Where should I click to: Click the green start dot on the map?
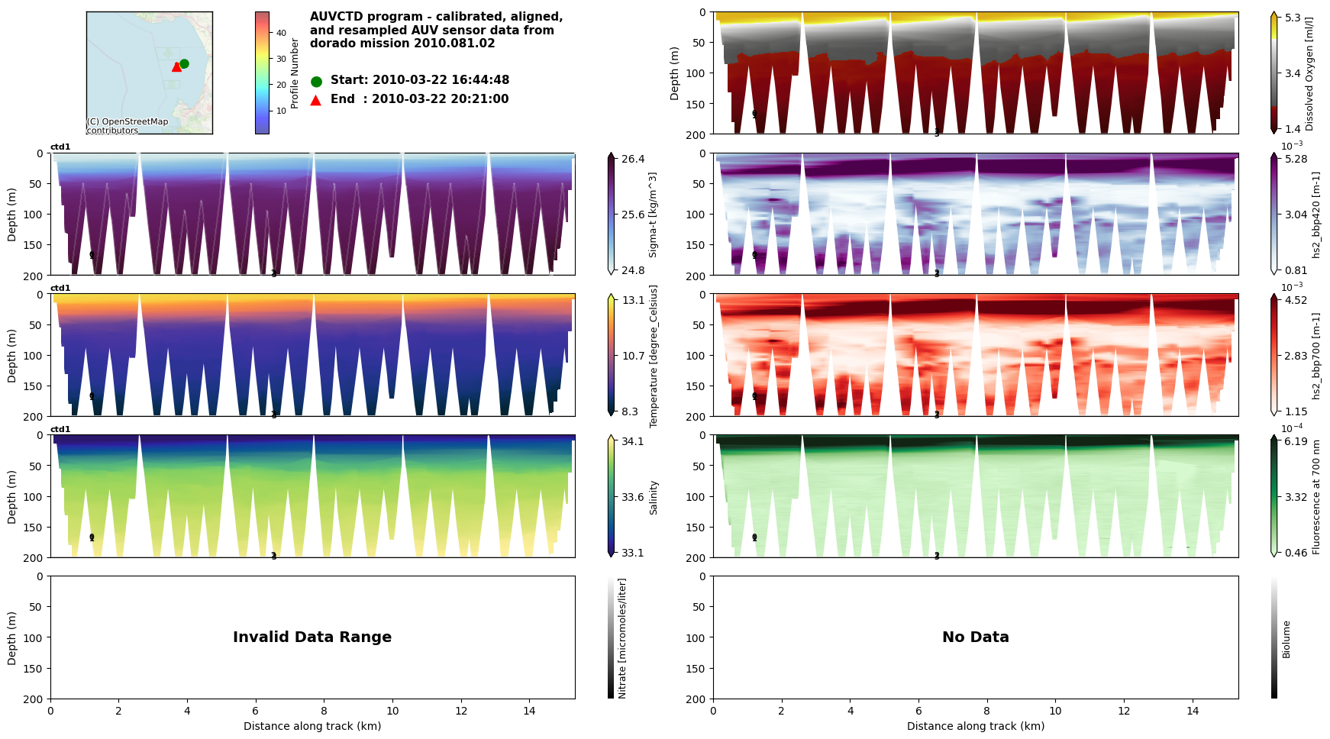(x=184, y=64)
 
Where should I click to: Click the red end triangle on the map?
(x=177, y=66)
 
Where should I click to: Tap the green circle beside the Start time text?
(x=317, y=81)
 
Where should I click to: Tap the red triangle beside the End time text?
(x=316, y=100)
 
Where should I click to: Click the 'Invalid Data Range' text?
(x=312, y=637)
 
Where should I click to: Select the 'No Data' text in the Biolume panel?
(x=975, y=637)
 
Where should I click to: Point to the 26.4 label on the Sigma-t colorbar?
(x=633, y=159)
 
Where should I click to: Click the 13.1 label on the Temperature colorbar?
(x=633, y=300)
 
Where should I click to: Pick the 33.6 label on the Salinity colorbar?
(x=632, y=497)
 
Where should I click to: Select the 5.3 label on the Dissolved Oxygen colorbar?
(x=1293, y=18)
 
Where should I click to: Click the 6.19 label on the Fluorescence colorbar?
(x=1296, y=441)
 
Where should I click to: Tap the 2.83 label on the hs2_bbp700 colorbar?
(x=1296, y=356)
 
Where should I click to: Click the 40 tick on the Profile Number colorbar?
(x=281, y=33)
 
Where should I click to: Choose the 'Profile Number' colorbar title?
(x=295, y=73)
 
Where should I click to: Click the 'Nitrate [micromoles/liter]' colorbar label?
(x=622, y=638)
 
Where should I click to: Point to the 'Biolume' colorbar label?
(x=1286, y=639)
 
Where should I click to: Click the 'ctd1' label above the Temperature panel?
(x=60, y=289)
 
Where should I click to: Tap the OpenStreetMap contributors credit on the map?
(x=127, y=126)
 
